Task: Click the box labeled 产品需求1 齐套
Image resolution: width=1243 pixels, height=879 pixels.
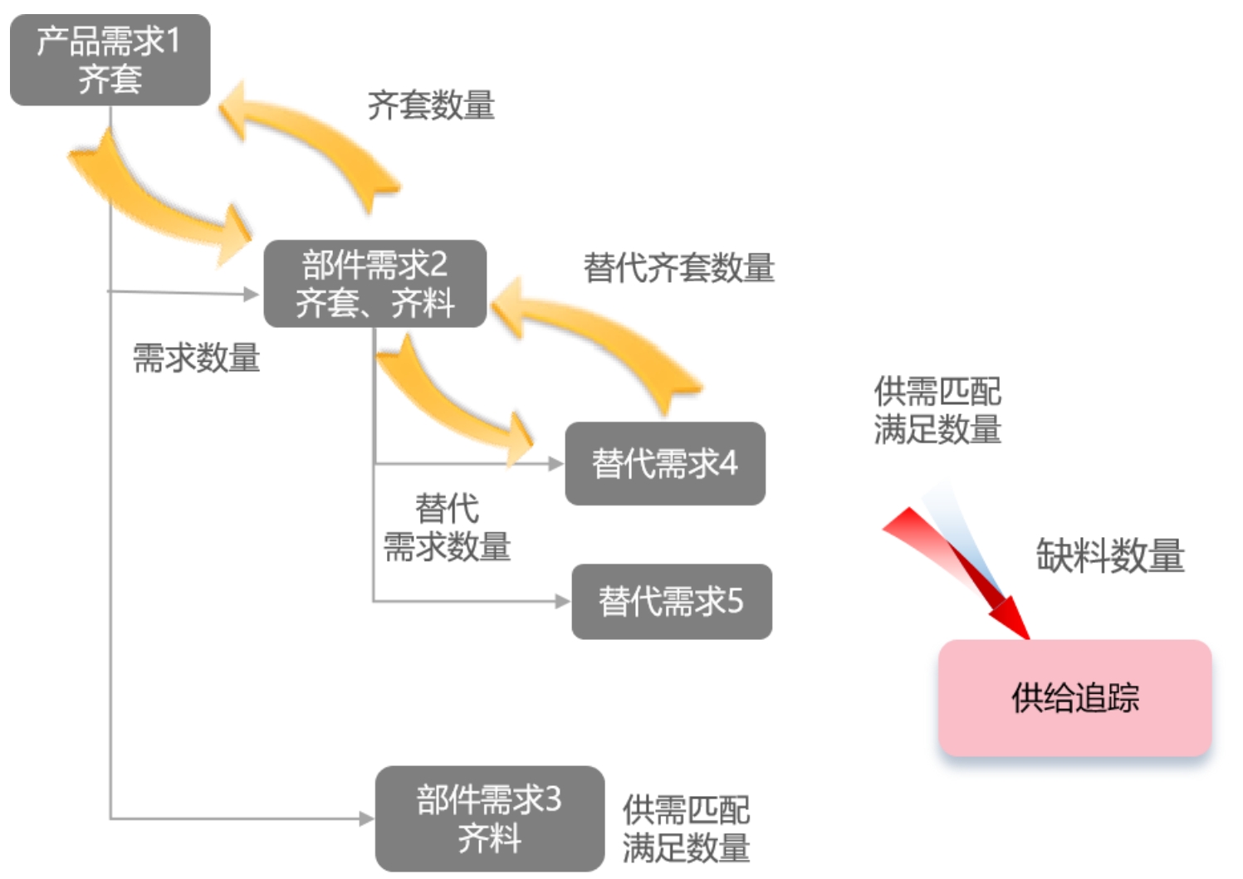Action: pyautogui.click(x=110, y=60)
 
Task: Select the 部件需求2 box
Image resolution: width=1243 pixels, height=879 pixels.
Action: pyautogui.click(x=375, y=283)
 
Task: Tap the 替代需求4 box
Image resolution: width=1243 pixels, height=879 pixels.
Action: pyautogui.click(x=665, y=464)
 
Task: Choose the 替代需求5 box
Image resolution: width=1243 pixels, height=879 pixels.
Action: pyautogui.click(x=672, y=602)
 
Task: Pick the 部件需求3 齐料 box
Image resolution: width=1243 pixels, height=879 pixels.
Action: pyautogui.click(x=490, y=818)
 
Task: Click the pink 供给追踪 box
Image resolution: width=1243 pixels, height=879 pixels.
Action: pyautogui.click(x=1075, y=698)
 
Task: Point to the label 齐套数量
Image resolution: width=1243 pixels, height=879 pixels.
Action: pyautogui.click(x=431, y=105)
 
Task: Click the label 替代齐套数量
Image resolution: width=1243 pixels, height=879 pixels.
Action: pyautogui.click(x=678, y=268)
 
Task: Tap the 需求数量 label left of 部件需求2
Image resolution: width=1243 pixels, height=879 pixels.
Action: pyautogui.click(x=197, y=358)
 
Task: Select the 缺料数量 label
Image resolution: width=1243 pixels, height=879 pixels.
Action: pyautogui.click(x=1110, y=555)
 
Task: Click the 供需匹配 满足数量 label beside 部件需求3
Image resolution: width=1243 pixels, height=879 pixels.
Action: pyautogui.click(x=686, y=829)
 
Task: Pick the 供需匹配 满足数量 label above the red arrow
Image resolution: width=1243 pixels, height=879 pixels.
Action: pyautogui.click(x=937, y=410)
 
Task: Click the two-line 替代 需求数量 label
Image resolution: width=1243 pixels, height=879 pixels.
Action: pyautogui.click(x=448, y=527)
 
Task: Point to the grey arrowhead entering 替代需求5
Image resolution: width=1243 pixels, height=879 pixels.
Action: pyautogui.click(x=563, y=601)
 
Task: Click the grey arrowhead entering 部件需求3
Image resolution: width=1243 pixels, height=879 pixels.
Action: pyautogui.click(x=367, y=818)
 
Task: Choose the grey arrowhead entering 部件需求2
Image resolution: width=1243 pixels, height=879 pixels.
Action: pyautogui.click(x=252, y=294)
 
